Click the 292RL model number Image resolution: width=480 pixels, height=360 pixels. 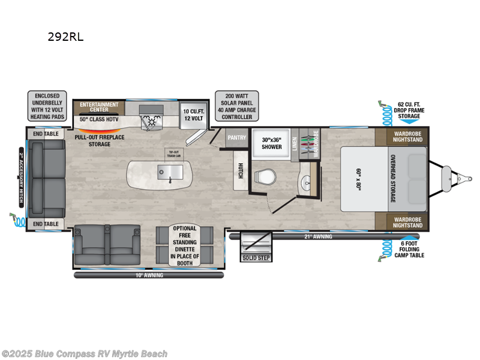(x=65, y=37)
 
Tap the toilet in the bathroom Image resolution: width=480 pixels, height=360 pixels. (x=263, y=176)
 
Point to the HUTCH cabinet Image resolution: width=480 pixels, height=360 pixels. (x=240, y=170)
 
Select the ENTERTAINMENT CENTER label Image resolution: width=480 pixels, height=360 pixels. (x=99, y=107)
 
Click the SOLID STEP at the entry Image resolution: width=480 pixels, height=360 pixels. (x=256, y=257)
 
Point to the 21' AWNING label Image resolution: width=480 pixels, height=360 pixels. (x=318, y=236)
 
